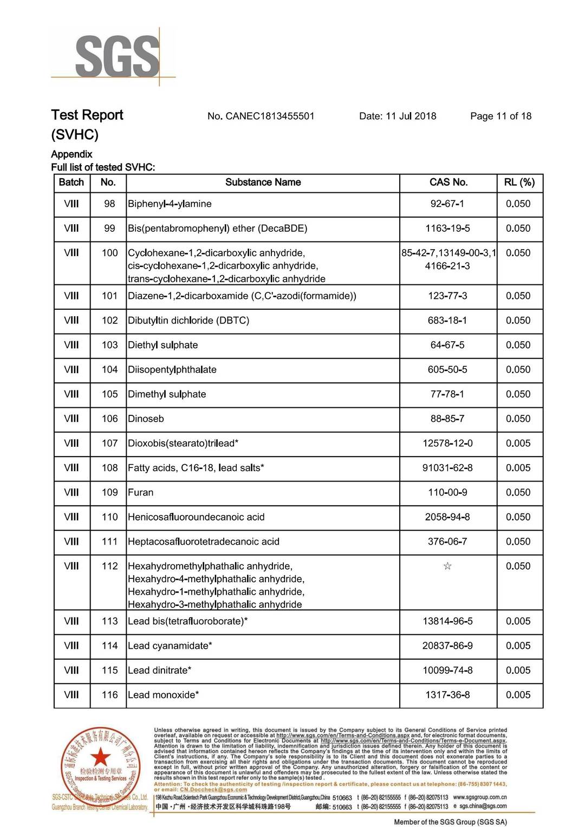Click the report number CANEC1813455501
tap(270, 116)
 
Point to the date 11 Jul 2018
tap(411, 116)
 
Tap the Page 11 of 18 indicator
tap(500, 116)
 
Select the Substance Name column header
tap(263, 183)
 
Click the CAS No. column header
tap(448, 183)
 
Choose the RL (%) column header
tap(519, 183)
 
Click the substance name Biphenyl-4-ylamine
tap(170, 204)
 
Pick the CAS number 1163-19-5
tap(447, 229)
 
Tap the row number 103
tap(109, 345)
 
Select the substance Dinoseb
tap(146, 419)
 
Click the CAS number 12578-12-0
tap(447, 444)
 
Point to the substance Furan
tap(140, 492)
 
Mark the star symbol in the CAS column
tap(447, 566)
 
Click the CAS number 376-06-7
tap(447, 542)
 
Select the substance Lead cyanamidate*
tap(170, 646)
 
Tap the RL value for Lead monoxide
tap(518, 695)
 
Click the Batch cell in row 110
tap(71, 517)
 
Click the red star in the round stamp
tap(100, 757)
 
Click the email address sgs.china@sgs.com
tap(483, 806)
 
